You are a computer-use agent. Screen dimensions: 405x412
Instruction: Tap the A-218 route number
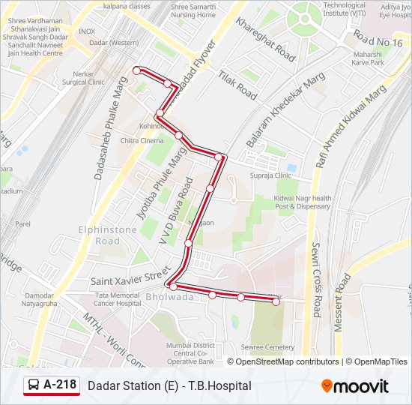tap(59, 385)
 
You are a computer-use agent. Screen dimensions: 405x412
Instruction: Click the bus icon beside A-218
tap(34, 385)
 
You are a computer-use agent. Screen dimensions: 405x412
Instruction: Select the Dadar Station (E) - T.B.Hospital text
tap(169, 385)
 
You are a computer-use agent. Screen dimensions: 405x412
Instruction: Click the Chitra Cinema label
tap(141, 140)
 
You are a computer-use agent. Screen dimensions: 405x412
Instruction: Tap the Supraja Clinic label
tap(272, 175)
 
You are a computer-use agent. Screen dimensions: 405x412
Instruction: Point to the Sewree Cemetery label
tap(268, 347)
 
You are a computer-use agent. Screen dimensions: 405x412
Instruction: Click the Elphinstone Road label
tap(97, 235)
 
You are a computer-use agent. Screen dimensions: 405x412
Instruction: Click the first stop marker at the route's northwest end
tap(136, 70)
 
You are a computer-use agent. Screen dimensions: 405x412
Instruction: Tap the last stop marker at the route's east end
tap(276, 301)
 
